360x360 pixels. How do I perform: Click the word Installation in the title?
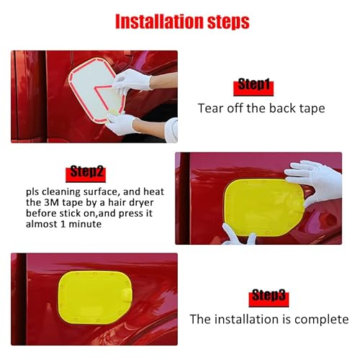click(x=154, y=21)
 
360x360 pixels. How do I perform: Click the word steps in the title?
click(x=225, y=21)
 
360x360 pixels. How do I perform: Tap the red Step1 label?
click(x=253, y=86)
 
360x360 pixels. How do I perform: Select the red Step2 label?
click(x=87, y=171)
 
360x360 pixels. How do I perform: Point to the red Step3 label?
click(x=269, y=296)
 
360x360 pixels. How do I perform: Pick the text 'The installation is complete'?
click(x=269, y=319)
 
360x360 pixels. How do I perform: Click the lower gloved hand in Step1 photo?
click(x=122, y=123)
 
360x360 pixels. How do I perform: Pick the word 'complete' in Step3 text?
click(x=323, y=319)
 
